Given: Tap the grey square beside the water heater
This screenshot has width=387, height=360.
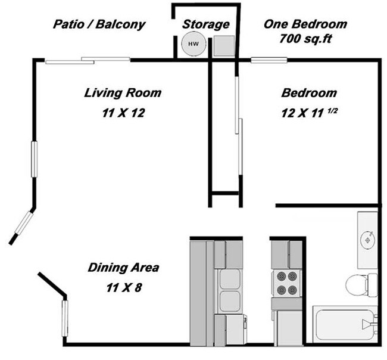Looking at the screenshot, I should [223, 45].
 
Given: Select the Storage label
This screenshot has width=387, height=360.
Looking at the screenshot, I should [205, 24].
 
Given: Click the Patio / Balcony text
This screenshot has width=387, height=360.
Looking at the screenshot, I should [99, 24].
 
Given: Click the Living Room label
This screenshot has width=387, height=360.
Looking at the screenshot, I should [123, 93].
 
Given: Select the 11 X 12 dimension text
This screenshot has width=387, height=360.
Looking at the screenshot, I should [123, 112].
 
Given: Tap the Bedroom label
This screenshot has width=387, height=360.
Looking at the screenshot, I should [309, 93].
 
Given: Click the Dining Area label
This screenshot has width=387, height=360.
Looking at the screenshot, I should [123, 268].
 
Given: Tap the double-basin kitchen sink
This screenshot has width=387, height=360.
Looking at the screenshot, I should [229, 290].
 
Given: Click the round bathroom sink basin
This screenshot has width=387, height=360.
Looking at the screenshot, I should [368, 239].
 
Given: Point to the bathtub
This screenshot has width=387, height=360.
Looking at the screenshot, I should [344, 325].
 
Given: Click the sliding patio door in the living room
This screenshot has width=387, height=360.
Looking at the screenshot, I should [88, 60].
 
